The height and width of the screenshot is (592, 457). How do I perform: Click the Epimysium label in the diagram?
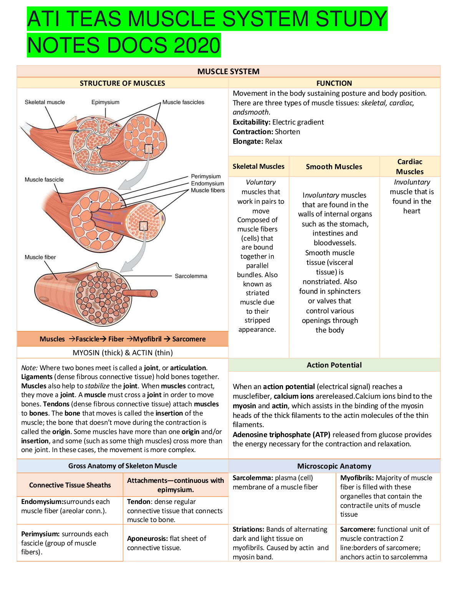coord(105,102)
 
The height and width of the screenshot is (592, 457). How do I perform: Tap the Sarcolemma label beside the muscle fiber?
coord(191,276)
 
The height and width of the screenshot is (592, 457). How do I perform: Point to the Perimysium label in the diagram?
coord(206,176)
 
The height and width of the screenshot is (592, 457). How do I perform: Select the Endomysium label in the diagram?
coord(207,183)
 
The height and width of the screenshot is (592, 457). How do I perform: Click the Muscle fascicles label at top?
coord(183,102)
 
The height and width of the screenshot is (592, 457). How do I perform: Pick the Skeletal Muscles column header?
coord(258,166)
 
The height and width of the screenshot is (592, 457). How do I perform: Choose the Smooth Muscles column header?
coord(334,167)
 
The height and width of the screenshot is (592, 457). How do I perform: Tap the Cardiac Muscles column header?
coord(410,167)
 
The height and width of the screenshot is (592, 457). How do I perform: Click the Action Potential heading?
coord(334,365)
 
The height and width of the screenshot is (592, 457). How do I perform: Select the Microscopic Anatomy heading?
coord(334,466)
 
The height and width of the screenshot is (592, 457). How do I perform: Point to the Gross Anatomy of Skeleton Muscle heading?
coord(123,466)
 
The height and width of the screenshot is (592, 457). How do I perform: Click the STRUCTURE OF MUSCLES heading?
coord(122,83)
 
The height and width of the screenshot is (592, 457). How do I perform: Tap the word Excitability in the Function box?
coord(251,122)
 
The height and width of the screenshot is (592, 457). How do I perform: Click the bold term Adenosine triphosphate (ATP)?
coord(281,435)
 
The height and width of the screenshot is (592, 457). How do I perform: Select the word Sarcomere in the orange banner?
coord(189,339)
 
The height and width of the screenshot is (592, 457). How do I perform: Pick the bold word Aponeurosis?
coord(147,539)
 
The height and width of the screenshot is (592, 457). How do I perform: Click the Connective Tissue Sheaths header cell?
coord(70,485)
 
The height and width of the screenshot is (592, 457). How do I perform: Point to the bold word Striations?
coord(248,529)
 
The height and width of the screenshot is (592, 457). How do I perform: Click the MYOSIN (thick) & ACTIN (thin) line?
coord(123,353)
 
